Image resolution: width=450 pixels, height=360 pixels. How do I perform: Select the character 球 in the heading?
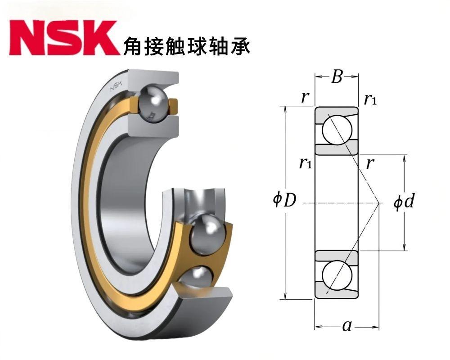(197, 45)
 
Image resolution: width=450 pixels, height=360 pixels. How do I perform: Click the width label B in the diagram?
(337, 76)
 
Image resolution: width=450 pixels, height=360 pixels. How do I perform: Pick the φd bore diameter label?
(404, 201)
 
